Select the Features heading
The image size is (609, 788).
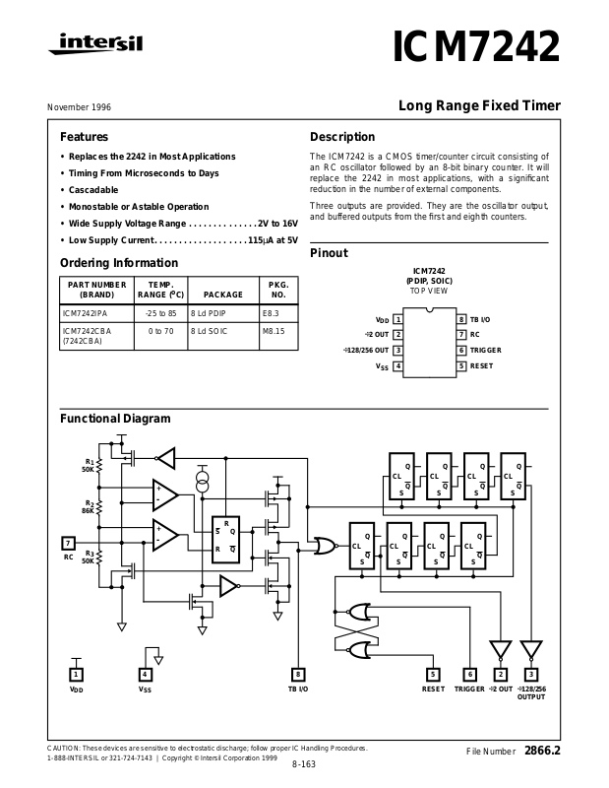pos(84,137)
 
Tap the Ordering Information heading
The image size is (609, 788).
pos(119,263)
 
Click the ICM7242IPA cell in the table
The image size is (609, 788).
pos(85,312)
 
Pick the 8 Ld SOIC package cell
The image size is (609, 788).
pos(209,331)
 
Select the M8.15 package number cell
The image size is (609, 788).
pos(274,331)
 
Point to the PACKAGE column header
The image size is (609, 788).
pos(222,295)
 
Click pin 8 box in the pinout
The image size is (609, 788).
pos(460,319)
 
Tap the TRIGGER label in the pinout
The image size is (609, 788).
pos(486,351)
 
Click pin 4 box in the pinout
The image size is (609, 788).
pos(397,366)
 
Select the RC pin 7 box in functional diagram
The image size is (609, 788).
pos(69,543)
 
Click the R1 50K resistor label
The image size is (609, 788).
pos(89,465)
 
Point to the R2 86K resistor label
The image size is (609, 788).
pos(88,506)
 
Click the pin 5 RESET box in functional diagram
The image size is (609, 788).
pos(433,674)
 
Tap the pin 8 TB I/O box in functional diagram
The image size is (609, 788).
pos(298,674)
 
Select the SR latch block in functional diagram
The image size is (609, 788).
pos(225,541)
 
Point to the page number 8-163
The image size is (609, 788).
pos(304,764)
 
